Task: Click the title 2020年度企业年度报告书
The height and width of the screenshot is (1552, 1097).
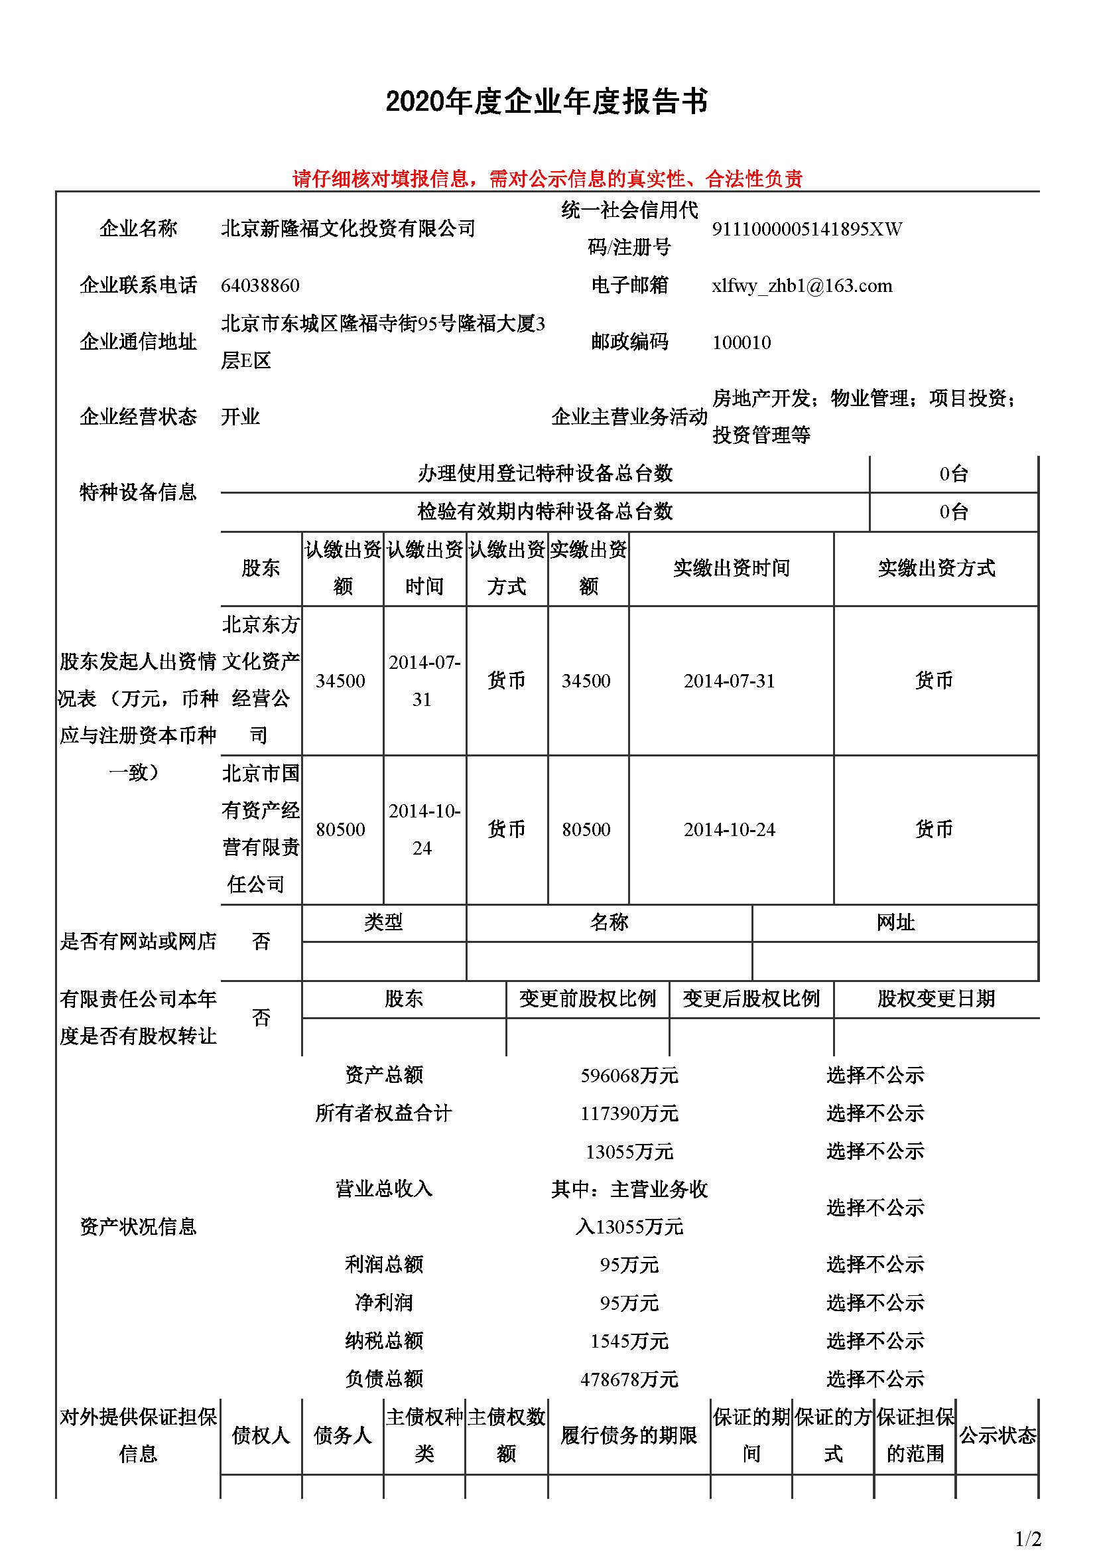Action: point(547,102)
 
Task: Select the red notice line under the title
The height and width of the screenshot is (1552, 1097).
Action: point(547,178)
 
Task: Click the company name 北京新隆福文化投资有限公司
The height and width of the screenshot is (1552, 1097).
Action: point(348,228)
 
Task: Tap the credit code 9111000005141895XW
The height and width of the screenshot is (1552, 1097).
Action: point(807,229)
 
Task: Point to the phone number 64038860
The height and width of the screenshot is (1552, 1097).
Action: point(260,285)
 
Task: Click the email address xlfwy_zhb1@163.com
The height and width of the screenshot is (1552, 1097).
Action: point(802,285)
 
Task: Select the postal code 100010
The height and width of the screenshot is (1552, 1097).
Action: point(741,342)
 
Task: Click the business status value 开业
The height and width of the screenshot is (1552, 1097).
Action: point(241,417)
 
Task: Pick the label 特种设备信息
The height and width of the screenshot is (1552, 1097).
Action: point(138,492)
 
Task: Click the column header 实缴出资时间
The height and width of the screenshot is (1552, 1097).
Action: point(731,568)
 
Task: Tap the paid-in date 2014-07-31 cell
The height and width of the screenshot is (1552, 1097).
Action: point(729,681)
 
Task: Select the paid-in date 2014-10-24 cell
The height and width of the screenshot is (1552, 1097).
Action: point(729,829)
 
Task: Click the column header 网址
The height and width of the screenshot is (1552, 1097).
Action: point(895,922)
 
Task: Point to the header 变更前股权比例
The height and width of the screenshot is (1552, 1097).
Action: point(587,999)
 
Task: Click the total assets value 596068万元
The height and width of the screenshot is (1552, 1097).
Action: point(629,1076)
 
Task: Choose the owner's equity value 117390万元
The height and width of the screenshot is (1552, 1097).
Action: point(629,1113)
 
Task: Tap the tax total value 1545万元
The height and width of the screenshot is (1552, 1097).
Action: point(629,1341)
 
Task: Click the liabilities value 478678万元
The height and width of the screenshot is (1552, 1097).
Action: point(629,1379)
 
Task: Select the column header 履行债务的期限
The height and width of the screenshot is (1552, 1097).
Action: point(628,1435)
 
